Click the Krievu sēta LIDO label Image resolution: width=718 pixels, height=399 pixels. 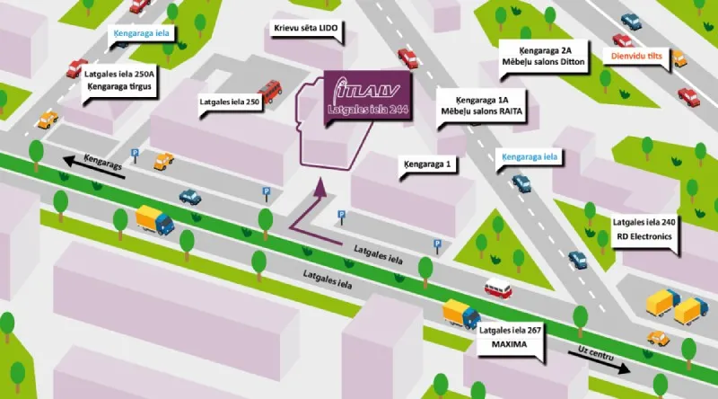(x=306, y=29)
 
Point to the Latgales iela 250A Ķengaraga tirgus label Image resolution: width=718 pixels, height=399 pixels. (x=119, y=81)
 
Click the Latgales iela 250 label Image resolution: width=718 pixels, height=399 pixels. (x=229, y=102)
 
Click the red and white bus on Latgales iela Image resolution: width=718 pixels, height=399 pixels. (x=498, y=289)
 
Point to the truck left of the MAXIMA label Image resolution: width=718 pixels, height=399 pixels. (x=461, y=313)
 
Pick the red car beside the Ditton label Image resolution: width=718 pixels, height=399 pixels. (x=408, y=58)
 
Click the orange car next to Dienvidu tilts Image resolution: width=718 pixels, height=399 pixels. (x=679, y=59)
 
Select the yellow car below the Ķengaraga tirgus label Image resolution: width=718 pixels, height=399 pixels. (x=47, y=118)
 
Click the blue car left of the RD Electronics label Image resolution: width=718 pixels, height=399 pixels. (x=578, y=260)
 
